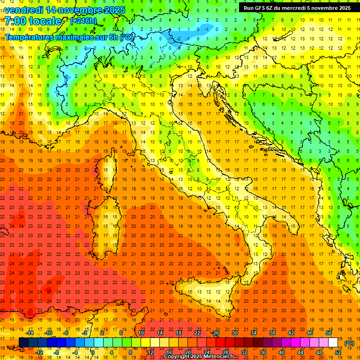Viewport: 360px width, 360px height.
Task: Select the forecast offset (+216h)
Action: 83,21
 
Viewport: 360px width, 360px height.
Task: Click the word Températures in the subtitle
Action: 30,37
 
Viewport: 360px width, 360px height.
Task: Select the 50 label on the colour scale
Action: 329,333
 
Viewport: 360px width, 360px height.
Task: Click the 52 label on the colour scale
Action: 338,352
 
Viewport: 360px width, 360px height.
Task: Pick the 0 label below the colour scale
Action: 93,352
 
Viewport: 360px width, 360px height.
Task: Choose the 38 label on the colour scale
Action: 272,333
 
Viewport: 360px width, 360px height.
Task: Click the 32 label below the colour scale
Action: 244,352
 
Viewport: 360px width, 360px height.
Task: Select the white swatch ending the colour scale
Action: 333,342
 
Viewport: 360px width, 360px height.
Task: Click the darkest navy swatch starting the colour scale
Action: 23,342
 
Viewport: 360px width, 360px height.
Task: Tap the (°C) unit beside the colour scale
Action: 349,343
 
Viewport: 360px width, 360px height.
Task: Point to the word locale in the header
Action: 45,21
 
